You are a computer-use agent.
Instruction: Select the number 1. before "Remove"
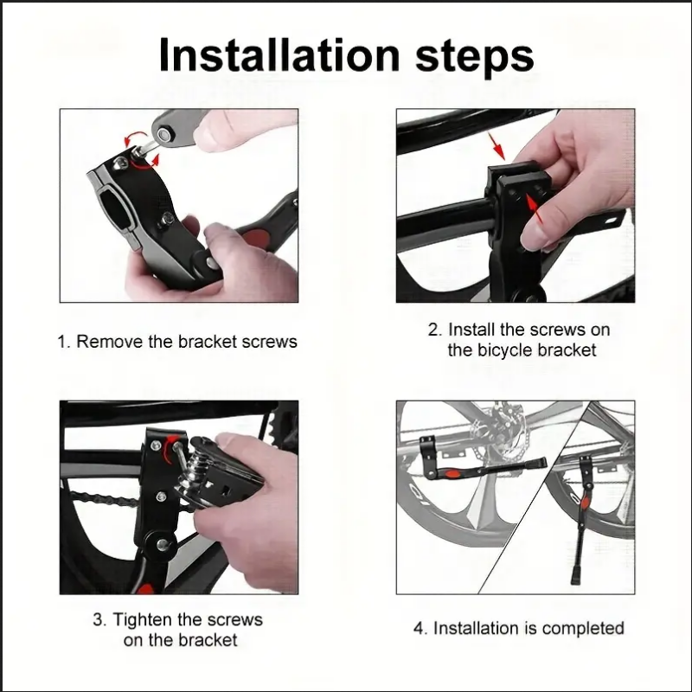click(x=64, y=342)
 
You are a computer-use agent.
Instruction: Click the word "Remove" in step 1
click(x=109, y=342)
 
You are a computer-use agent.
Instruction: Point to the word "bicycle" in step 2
click(x=505, y=350)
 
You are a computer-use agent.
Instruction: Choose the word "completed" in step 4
click(x=584, y=628)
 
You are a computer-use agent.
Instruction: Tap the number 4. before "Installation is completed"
click(x=420, y=628)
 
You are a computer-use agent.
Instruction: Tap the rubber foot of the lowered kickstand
click(x=574, y=575)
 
